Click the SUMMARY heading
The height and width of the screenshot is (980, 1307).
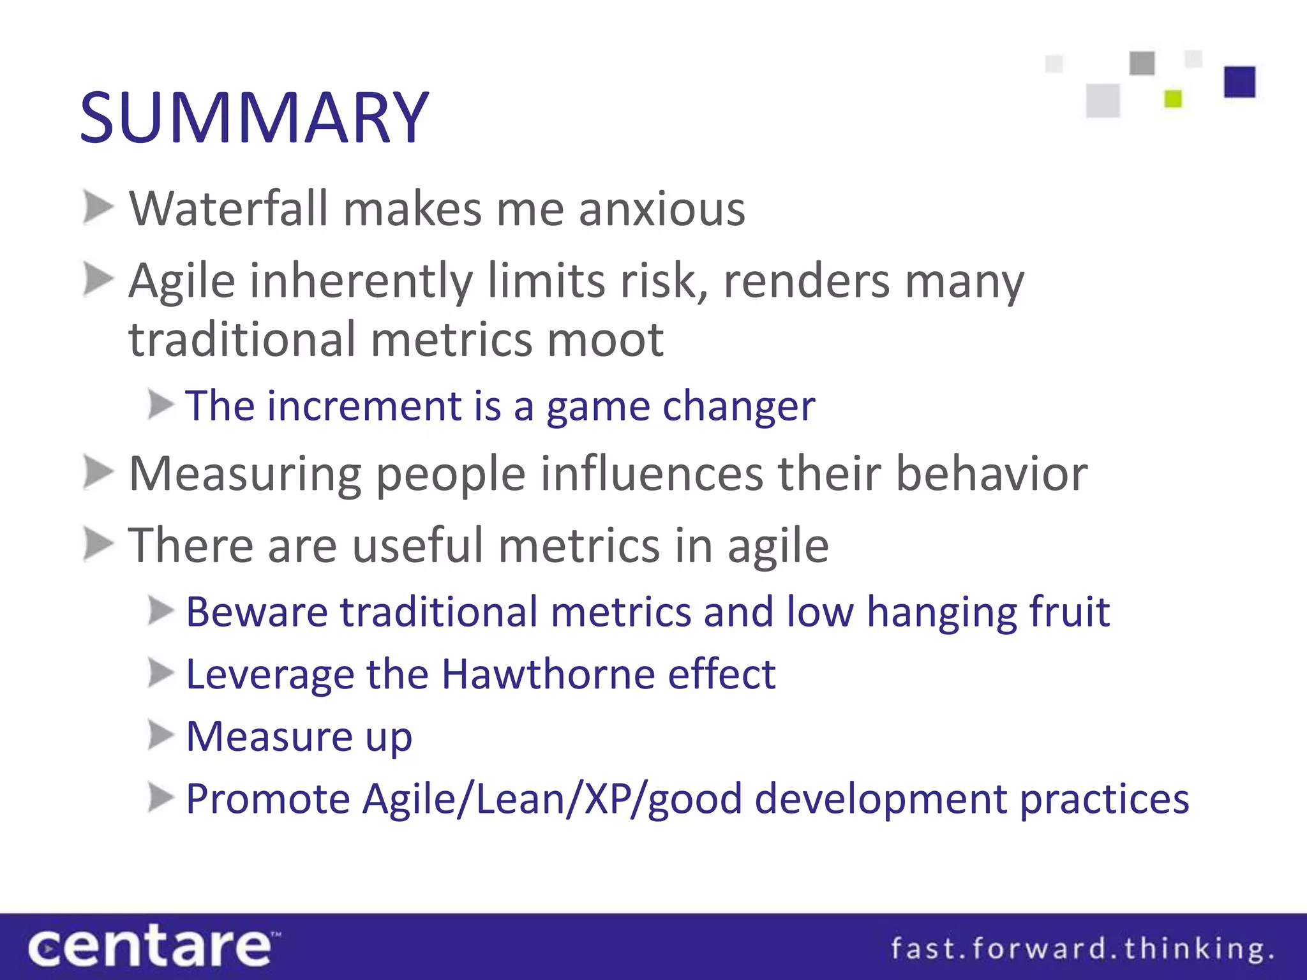click(x=254, y=118)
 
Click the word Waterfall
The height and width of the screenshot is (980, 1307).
click(x=228, y=209)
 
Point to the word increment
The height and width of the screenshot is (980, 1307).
click(x=364, y=406)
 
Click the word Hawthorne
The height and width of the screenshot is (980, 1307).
click(x=548, y=674)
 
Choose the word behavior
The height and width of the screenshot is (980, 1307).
click(x=991, y=474)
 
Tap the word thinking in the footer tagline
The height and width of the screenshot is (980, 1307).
click(x=1197, y=949)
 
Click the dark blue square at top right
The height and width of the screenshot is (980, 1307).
click(x=1239, y=82)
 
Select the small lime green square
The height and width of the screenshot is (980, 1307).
click(x=1173, y=99)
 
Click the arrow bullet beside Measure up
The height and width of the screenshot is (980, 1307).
click(x=160, y=736)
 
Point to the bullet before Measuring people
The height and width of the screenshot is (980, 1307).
click(x=98, y=473)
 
